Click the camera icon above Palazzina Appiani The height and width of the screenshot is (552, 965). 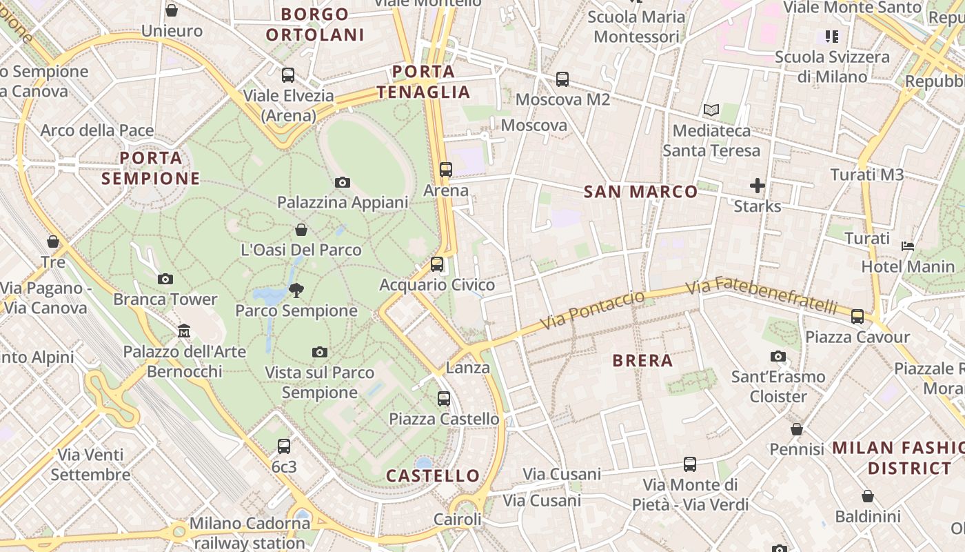[342, 183]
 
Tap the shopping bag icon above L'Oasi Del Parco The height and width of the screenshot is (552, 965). [301, 230]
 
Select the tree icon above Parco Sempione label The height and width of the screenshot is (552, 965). [296, 290]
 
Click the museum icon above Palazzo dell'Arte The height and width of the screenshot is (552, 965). [183, 332]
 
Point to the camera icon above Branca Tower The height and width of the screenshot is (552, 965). [165, 279]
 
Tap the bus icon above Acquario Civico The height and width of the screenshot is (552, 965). [436, 264]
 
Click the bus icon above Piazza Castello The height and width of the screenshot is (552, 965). [444, 399]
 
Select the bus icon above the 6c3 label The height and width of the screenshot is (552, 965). [283, 446]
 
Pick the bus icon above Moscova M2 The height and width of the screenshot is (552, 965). [562, 79]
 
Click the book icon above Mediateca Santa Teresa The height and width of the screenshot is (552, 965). [711, 110]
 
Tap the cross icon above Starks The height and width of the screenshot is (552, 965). [758, 186]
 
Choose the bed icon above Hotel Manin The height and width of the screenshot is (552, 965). [908, 246]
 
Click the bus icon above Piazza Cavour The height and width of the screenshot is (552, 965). [857, 317]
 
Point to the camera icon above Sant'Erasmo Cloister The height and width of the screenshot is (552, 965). [778, 357]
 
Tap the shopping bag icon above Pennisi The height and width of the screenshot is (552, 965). [797, 429]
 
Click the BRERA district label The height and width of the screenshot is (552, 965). [642, 360]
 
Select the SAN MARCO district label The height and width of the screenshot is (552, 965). [640, 192]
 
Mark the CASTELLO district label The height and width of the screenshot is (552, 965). [433, 475]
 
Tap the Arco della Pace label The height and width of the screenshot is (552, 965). [97, 130]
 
